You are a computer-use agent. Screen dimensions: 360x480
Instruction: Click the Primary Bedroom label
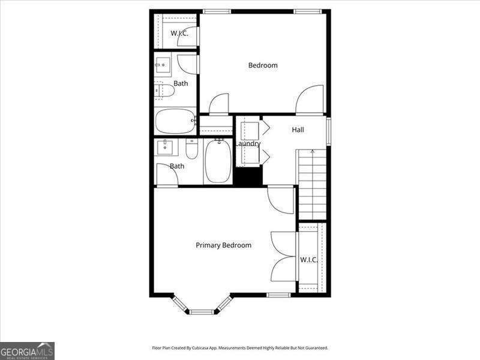223,245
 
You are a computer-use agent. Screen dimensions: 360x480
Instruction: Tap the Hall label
298,130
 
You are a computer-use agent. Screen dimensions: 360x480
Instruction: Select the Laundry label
247,144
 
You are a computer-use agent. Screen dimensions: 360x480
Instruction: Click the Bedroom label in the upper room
263,65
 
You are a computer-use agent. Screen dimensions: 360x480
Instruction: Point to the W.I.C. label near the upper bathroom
179,34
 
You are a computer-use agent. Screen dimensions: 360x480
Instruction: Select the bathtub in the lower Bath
217,161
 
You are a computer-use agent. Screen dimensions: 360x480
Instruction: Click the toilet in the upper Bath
164,91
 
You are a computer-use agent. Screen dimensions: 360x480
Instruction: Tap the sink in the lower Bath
167,147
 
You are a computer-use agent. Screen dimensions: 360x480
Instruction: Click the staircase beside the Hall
313,183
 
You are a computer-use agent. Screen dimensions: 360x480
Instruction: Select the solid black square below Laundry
248,177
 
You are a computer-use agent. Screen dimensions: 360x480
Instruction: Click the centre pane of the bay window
202,311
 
